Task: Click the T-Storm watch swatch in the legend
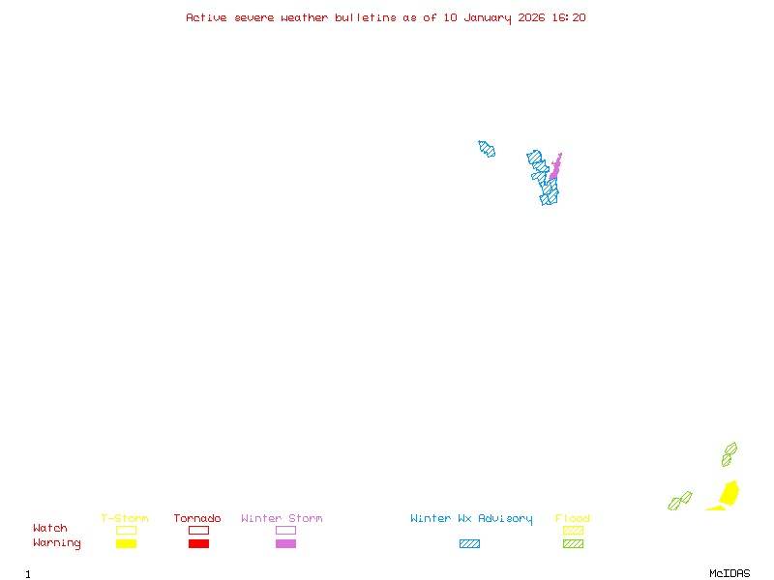point(126,530)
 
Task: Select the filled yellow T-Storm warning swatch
point(126,544)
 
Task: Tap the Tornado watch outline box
point(198,530)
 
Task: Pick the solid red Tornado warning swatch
point(198,544)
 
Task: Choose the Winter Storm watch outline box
point(285,530)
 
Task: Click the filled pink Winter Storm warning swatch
point(285,544)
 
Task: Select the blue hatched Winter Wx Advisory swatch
point(469,544)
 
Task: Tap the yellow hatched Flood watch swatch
point(573,530)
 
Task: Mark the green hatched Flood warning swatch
point(573,544)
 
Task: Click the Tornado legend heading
point(197,519)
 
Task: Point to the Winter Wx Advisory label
point(471,519)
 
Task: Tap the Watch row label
point(50,529)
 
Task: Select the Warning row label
point(57,543)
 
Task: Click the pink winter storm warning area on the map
point(555,169)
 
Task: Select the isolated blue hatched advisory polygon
point(487,149)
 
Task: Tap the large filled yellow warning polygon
point(729,493)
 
